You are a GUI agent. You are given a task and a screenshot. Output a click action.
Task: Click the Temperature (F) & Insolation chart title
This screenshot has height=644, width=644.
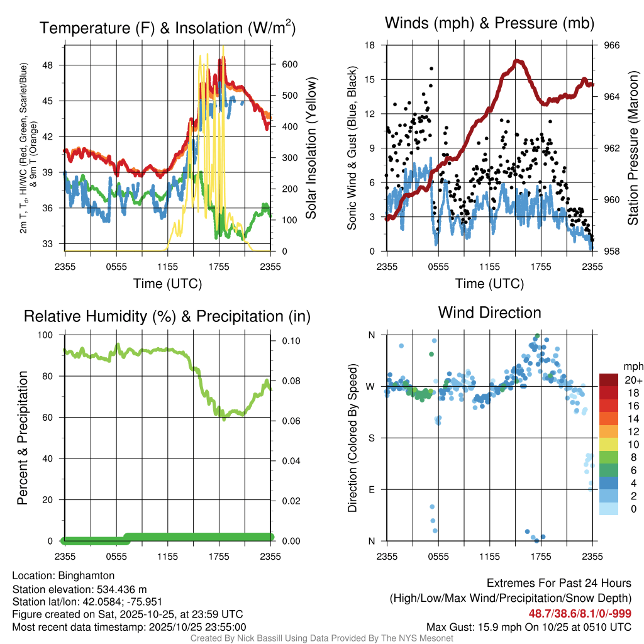pyautogui.click(x=167, y=28)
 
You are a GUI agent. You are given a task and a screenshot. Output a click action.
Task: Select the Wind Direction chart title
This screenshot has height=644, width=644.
pyautogui.click(x=489, y=313)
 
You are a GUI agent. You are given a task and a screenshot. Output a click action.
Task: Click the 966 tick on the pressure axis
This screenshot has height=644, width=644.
pyautogui.click(x=612, y=45)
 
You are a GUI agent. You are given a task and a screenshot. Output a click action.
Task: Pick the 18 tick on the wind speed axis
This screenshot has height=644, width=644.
pyautogui.click(x=370, y=45)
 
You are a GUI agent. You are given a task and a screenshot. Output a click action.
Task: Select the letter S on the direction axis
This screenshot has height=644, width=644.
pyautogui.click(x=371, y=438)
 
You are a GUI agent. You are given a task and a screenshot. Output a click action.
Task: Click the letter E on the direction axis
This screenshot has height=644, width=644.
pyautogui.click(x=371, y=489)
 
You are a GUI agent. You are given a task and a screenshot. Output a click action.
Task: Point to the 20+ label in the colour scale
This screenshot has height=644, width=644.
pyautogui.click(x=633, y=380)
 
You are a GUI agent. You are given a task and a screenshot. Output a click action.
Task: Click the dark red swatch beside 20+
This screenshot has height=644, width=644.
pyautogui.click(x=609, y=380)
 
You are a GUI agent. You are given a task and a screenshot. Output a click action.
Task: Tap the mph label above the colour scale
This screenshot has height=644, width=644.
pyautogui.click(x=632, y=366)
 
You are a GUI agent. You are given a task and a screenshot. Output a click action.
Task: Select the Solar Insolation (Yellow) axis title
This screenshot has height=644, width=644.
pyautogui.click(x=311, y=148)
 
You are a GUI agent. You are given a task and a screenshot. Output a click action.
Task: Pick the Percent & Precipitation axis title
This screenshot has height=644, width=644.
pyautogui.click(x=23, y=438)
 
